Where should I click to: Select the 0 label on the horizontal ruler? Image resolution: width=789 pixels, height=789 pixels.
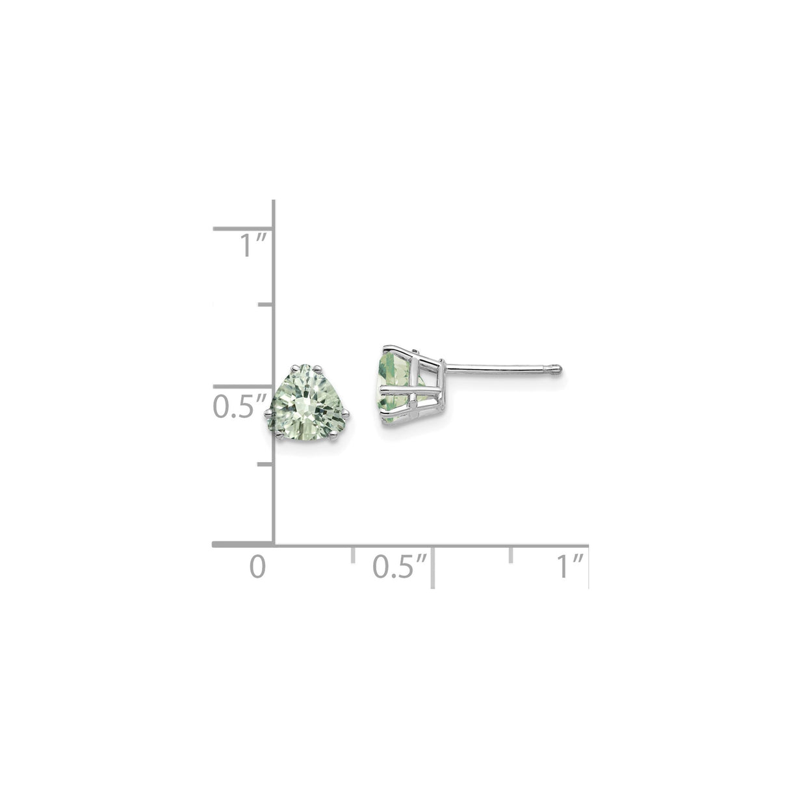point(258,566)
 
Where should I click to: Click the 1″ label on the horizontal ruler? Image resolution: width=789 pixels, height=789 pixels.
point(569,566)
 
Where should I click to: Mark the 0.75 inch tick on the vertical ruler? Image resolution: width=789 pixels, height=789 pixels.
point(265,304)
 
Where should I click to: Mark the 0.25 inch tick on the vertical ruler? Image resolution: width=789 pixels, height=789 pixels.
point(265,464)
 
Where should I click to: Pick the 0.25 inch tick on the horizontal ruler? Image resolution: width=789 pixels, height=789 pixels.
point(353,554)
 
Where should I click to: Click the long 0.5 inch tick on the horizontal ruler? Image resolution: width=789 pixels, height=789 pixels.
point(432,567)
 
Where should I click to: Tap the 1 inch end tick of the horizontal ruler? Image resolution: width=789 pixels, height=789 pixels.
point(588,567)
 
